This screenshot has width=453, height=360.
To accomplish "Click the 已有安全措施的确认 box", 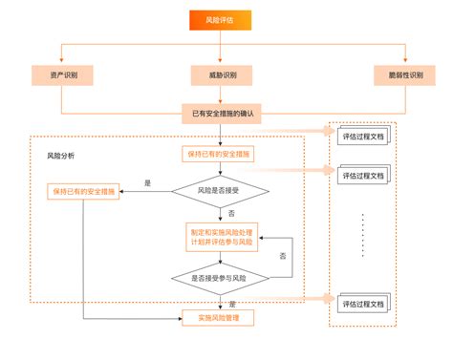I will coord(221,114).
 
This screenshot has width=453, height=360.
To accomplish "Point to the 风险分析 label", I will coord(60,155).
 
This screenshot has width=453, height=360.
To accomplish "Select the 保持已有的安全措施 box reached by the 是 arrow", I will coord(83,191).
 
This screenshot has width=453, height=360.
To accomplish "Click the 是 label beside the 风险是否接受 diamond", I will coord(147,182).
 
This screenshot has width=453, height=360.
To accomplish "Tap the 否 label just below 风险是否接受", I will coord(232,212).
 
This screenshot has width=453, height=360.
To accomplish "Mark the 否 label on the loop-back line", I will coord(283,257).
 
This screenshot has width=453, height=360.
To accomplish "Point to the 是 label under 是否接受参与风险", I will coord(232,303).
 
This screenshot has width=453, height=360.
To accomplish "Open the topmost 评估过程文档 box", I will coord(362,137).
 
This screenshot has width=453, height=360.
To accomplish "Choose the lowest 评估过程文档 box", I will coord(362,304).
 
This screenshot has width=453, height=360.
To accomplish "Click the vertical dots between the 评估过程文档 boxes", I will coord(363,236).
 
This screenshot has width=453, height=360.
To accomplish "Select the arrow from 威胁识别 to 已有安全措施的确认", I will coord(221,95).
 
